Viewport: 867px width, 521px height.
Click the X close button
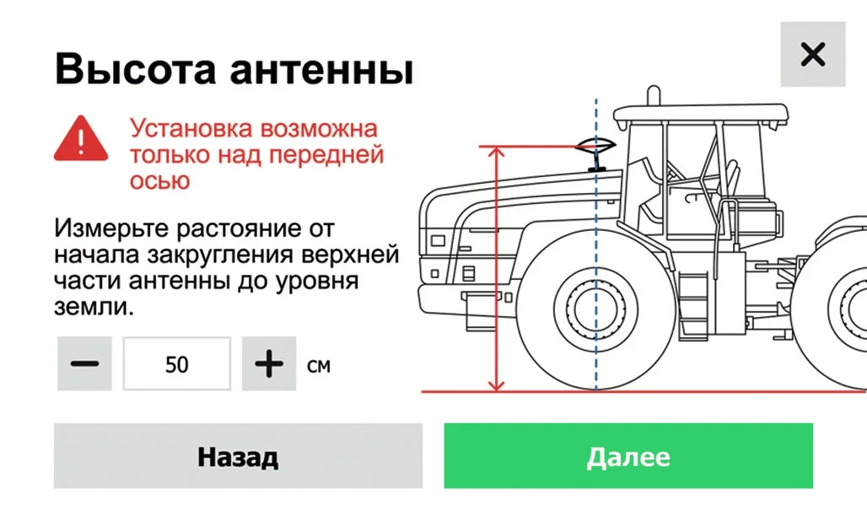point(813,54)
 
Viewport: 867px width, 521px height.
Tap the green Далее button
point(628,456)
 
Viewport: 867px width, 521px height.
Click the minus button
point(84,363)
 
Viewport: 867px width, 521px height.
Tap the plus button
point(269,363)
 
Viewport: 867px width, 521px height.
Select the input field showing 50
point(177,363)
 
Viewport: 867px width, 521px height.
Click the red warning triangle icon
point(81,138)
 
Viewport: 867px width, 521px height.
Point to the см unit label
point(319,366)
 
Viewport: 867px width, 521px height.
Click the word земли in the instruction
point(92,306)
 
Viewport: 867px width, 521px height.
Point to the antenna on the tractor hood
point(595,153)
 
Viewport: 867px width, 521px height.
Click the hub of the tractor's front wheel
point(596,309)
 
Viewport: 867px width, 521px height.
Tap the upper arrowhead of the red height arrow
point(497,153)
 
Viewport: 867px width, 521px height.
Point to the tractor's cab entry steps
point(693,303)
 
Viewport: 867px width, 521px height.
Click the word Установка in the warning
point(191,129)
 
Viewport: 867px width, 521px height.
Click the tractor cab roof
point(701,115)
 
